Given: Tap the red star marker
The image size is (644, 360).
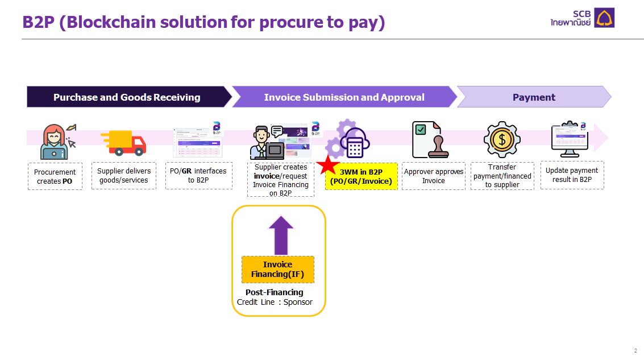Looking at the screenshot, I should pos(328,165).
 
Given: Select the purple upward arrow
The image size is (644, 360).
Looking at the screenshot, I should pos(281,235).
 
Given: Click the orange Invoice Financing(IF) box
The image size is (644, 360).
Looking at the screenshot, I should pos(278,269).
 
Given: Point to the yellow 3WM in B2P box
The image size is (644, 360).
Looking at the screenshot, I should pos(362,176).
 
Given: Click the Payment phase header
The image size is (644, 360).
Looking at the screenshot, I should pos(534,97).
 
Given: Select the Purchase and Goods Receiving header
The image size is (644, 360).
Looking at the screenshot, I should pos(127,97).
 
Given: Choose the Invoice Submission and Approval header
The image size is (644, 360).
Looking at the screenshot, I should pos(344,97).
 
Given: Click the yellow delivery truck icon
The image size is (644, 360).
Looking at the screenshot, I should pos(123,142).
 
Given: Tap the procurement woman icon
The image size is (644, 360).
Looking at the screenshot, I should pos(55,142).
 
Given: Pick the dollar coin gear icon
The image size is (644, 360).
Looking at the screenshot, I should pos(502,139).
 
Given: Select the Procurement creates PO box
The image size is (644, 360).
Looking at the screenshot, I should pos(55,176).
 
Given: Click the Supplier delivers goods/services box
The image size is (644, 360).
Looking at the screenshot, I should pos(123,176).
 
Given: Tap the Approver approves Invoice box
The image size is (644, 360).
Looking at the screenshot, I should pos(433,176).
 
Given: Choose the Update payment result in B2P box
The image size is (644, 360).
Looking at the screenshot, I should pos(571,175).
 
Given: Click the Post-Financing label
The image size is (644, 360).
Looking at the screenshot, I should pos(275,292).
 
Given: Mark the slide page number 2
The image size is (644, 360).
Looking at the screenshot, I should pos(635,350).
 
